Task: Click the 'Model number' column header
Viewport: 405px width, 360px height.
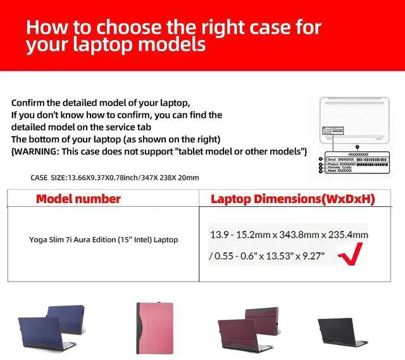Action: pyautogui.click(x=78, y=199)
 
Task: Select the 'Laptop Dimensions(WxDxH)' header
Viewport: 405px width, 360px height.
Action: pyautogui.click(x=292, y=199)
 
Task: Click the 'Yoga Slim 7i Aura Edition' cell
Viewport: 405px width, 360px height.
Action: pyautogui.click(x=103, y=240)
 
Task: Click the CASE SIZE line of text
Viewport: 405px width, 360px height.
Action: pyautogui.click(x=115, y=177)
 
